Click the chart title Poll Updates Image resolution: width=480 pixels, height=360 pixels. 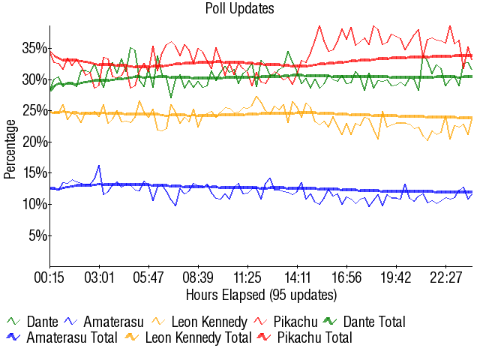click(240, 9)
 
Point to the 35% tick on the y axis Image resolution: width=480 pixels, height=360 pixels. click(33, 48)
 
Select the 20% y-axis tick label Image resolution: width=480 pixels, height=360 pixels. click(33, 142)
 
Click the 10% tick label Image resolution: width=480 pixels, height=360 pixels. click(33, 205)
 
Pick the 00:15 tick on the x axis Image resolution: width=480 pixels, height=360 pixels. click(50, 278)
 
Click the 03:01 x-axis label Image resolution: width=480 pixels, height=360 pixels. click(99, 278)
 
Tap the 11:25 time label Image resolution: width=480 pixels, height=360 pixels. click(247, 278)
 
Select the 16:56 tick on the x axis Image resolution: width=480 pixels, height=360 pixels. click(346, 278)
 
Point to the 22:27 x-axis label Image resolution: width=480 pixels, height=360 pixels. click(445, 278)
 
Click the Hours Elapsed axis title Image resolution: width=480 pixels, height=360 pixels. click(261, 294)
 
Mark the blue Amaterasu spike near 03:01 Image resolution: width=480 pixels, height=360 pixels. click(99, 166)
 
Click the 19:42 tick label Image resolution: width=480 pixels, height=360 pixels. click(396, 278)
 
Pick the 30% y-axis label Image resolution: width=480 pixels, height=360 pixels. click(33, 79)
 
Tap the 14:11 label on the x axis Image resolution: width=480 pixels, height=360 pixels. click(298, 278)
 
